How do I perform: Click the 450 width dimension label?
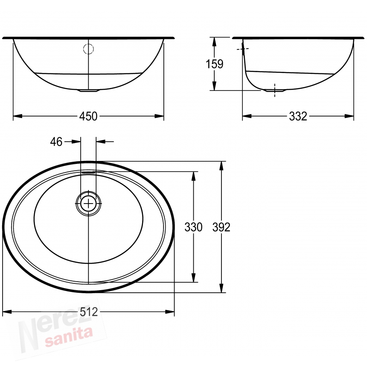pos(88,116)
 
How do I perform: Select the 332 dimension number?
pos(298,116)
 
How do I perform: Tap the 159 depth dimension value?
pos(214,64)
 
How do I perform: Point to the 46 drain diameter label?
pos(56,142)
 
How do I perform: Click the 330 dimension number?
pos(193,227)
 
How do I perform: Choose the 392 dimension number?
pos(221,227)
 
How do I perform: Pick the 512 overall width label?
pos(89,312)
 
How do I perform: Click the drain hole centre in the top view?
pos(88,204)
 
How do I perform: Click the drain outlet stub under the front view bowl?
pos(88,90)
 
